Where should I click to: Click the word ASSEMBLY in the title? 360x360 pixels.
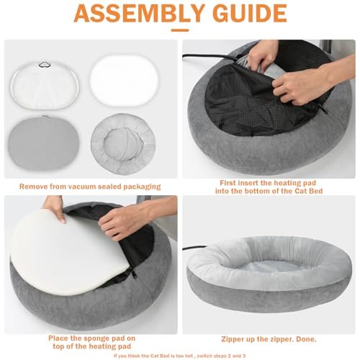tap(139, 13)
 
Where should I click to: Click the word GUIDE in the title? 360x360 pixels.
tap(250, 13)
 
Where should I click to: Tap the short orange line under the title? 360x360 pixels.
tap(180, 30)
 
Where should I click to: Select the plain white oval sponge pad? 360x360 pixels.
tap(124, 81)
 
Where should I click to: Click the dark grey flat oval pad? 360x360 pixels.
tap(44, 143)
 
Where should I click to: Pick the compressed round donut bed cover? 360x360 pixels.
tap(123, 144)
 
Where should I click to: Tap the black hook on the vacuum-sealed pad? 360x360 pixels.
tap(44, 65)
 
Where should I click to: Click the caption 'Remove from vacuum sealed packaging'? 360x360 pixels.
tap(90, 186)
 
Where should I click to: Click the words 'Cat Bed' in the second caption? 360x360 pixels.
tap(309, 191)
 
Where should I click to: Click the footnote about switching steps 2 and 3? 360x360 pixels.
tap(179, 356)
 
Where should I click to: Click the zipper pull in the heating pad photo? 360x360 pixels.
tap(323, 109)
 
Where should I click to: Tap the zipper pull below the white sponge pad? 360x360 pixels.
tap(133, 273)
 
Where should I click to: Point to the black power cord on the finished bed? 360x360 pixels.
tap(194, 248)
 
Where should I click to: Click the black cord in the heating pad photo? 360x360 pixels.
tap(211, 57)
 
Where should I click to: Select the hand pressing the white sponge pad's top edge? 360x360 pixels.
tap(54, 208)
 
